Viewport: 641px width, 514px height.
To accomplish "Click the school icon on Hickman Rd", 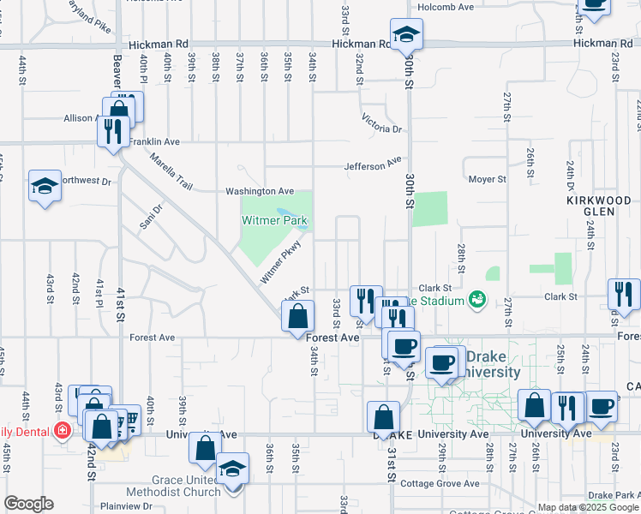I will (x=406, y=35).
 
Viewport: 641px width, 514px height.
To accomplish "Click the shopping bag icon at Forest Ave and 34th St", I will (x=297, y=316).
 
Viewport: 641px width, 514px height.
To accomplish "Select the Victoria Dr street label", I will (x=381, y=123).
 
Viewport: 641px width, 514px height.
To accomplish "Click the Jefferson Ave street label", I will (x=373, y=162).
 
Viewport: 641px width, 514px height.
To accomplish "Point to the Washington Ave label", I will (x=260, y=191).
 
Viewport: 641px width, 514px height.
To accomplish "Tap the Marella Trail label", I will (x=171, y=171).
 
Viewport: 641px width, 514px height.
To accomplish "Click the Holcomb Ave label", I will (x=446, y=7).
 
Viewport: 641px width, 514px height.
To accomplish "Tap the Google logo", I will (x=28, y=504).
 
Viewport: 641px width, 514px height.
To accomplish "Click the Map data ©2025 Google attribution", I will (x=587, y=507).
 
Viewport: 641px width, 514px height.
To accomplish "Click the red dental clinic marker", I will (x=62, y=429).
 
